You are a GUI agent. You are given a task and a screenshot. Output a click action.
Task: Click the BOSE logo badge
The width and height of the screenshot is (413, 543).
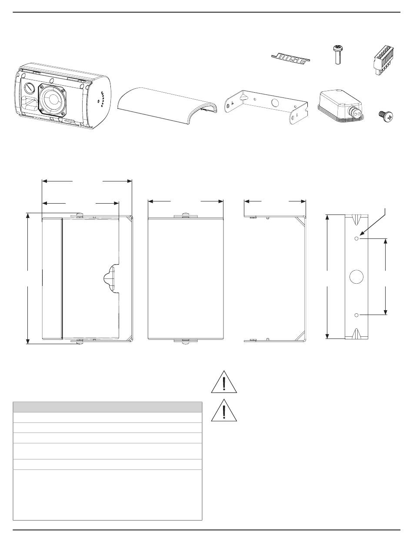[290, 59]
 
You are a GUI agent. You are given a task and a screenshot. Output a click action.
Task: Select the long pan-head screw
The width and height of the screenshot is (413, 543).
[337, 55]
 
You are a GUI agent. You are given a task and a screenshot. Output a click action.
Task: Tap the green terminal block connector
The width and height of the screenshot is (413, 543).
[383, 60]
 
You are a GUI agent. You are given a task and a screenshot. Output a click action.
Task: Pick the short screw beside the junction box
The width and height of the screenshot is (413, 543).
[386, 116]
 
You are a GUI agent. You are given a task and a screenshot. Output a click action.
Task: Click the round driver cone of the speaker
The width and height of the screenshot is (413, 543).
[53, 99]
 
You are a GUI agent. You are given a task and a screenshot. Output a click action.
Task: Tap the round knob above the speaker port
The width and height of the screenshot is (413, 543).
[30, 87]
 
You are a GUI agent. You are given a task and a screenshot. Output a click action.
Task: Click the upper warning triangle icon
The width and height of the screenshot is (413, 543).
[224, 382]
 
